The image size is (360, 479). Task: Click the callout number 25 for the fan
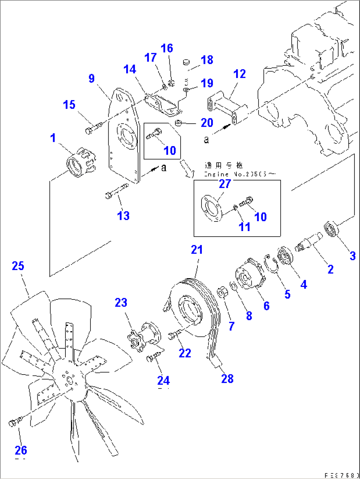point(18,266)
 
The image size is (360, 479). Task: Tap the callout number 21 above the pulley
point(197,250)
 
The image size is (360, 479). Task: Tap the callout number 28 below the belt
point(227,378)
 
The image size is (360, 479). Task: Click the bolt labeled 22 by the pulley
point(174,335)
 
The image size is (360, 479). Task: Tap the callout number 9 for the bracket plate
point(91,78)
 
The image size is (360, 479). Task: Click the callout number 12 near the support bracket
point(239,74)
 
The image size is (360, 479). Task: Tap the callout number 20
point(207,123)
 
